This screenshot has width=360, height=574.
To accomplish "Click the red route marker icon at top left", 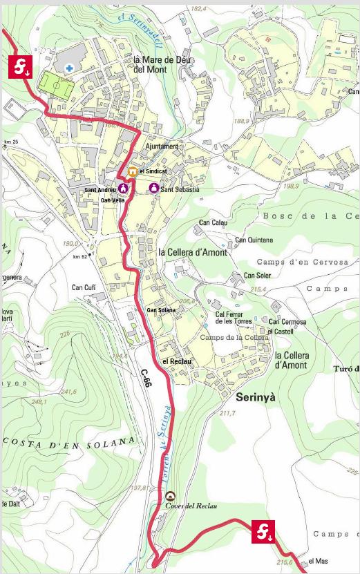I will [x=20, y=68].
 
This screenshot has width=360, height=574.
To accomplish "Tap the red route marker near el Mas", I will [x=264, y=531].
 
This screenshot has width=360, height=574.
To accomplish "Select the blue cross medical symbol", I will [x=70, y=68].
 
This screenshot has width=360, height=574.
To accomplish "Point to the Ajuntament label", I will [x=162, y=146].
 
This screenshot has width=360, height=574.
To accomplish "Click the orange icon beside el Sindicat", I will [x=131, y=171].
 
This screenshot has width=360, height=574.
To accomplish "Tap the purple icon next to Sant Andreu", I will [x=124, y=188].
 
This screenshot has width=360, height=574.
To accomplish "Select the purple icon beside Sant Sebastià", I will [x=153, y=188].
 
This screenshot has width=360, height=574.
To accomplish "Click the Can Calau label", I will [x=213, y=222].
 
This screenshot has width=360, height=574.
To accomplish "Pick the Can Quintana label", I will [x=254, y=240].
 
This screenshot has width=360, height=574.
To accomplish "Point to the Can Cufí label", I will [x=84, y=287].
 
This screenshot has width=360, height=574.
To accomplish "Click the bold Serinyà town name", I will [x=259, y=399].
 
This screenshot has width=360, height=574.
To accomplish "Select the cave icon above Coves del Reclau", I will [x=170, y=495].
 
